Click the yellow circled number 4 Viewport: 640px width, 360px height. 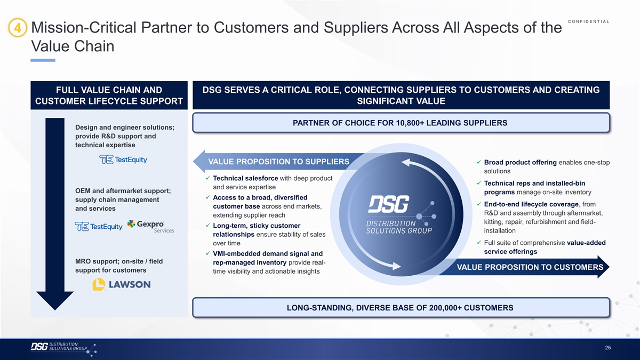point(18,28)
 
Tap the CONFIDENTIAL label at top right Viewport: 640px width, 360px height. point(589,21)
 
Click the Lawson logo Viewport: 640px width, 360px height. point(122,284)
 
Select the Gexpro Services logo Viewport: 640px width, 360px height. point(150,227)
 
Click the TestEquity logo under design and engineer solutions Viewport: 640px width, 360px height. point(123,159)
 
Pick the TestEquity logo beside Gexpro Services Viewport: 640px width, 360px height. point(99,227)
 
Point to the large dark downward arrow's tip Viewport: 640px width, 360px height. point(55,310)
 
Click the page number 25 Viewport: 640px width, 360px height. point(607,348)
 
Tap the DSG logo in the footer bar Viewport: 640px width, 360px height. point(63,349)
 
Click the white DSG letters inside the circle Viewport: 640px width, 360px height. point(389,204)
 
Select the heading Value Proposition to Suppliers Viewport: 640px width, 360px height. point(278,162)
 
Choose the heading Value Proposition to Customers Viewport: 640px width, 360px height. point(530,267)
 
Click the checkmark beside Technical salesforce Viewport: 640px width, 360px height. point(207,178)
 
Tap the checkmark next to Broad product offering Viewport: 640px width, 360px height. point(479,162)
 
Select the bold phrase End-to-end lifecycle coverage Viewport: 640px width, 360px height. point(531,204)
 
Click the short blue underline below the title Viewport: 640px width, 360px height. point(43,60)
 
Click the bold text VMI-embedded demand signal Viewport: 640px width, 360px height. point(268,254)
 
